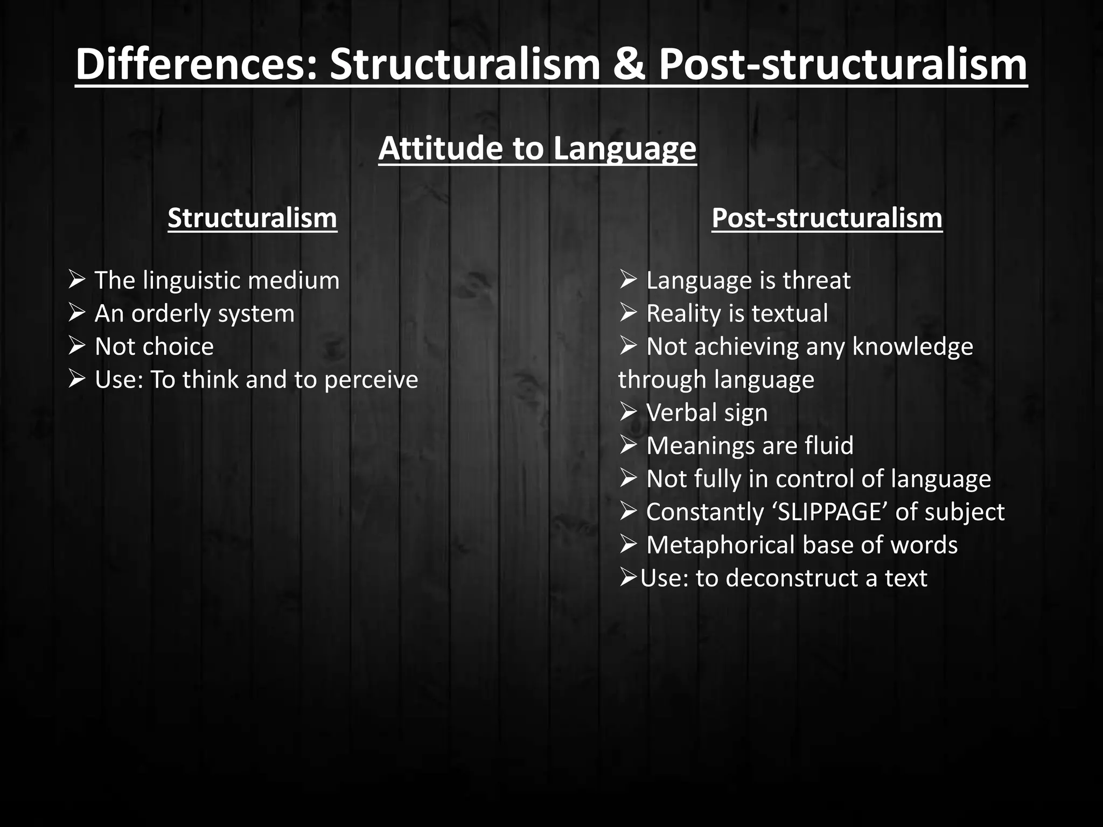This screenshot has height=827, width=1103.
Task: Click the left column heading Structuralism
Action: [252, 218]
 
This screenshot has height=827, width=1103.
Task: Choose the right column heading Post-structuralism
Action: [827, 218]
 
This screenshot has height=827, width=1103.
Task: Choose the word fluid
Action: [829, 446]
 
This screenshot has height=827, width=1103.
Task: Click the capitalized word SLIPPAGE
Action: [829, 512]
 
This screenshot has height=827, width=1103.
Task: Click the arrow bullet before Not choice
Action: [76, 346]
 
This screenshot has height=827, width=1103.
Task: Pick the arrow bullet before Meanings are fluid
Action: [628, 445]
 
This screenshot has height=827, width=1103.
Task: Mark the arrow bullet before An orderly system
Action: [76, 313]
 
